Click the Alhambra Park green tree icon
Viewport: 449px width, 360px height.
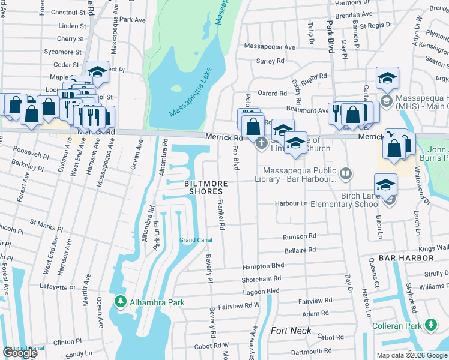[121, 301]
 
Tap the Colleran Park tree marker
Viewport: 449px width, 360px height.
[430, 326]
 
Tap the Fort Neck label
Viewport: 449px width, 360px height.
[291, 331]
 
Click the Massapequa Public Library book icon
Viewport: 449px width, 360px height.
[345, 175]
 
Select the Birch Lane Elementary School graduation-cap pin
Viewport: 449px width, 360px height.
[385, 185]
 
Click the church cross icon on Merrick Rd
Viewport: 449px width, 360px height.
[261, 143]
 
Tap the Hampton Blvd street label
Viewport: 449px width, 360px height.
[262, 266]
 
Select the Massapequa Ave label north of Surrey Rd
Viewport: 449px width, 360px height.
[270, 47]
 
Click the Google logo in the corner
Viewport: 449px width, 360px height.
[20, 353]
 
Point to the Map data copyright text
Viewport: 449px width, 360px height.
[412, 355]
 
